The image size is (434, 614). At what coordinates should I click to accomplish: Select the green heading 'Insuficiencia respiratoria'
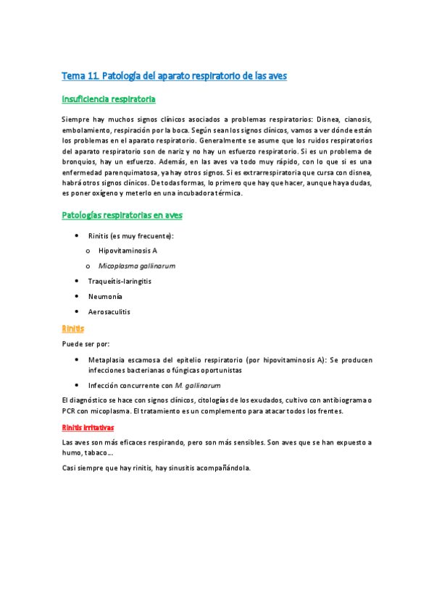(109, 98)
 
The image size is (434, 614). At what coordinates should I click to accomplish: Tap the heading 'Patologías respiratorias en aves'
(122, 215)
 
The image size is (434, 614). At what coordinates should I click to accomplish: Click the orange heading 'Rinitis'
(73, 328)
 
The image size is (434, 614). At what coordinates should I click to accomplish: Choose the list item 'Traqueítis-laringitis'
(121, 280)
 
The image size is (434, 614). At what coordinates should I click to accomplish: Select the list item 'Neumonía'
(105, 296)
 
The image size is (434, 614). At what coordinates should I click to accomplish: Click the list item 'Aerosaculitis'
(109, 311)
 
